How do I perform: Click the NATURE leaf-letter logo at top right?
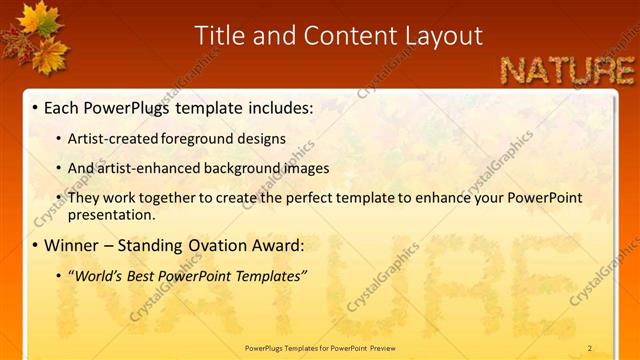[x=566, y=70]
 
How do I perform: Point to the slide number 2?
[x=590, y=348]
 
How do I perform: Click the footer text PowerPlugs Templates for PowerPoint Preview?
[x=320, y=348]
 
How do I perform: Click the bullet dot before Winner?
[x=35, y=246]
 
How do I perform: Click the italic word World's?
[x=98, y=275]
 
